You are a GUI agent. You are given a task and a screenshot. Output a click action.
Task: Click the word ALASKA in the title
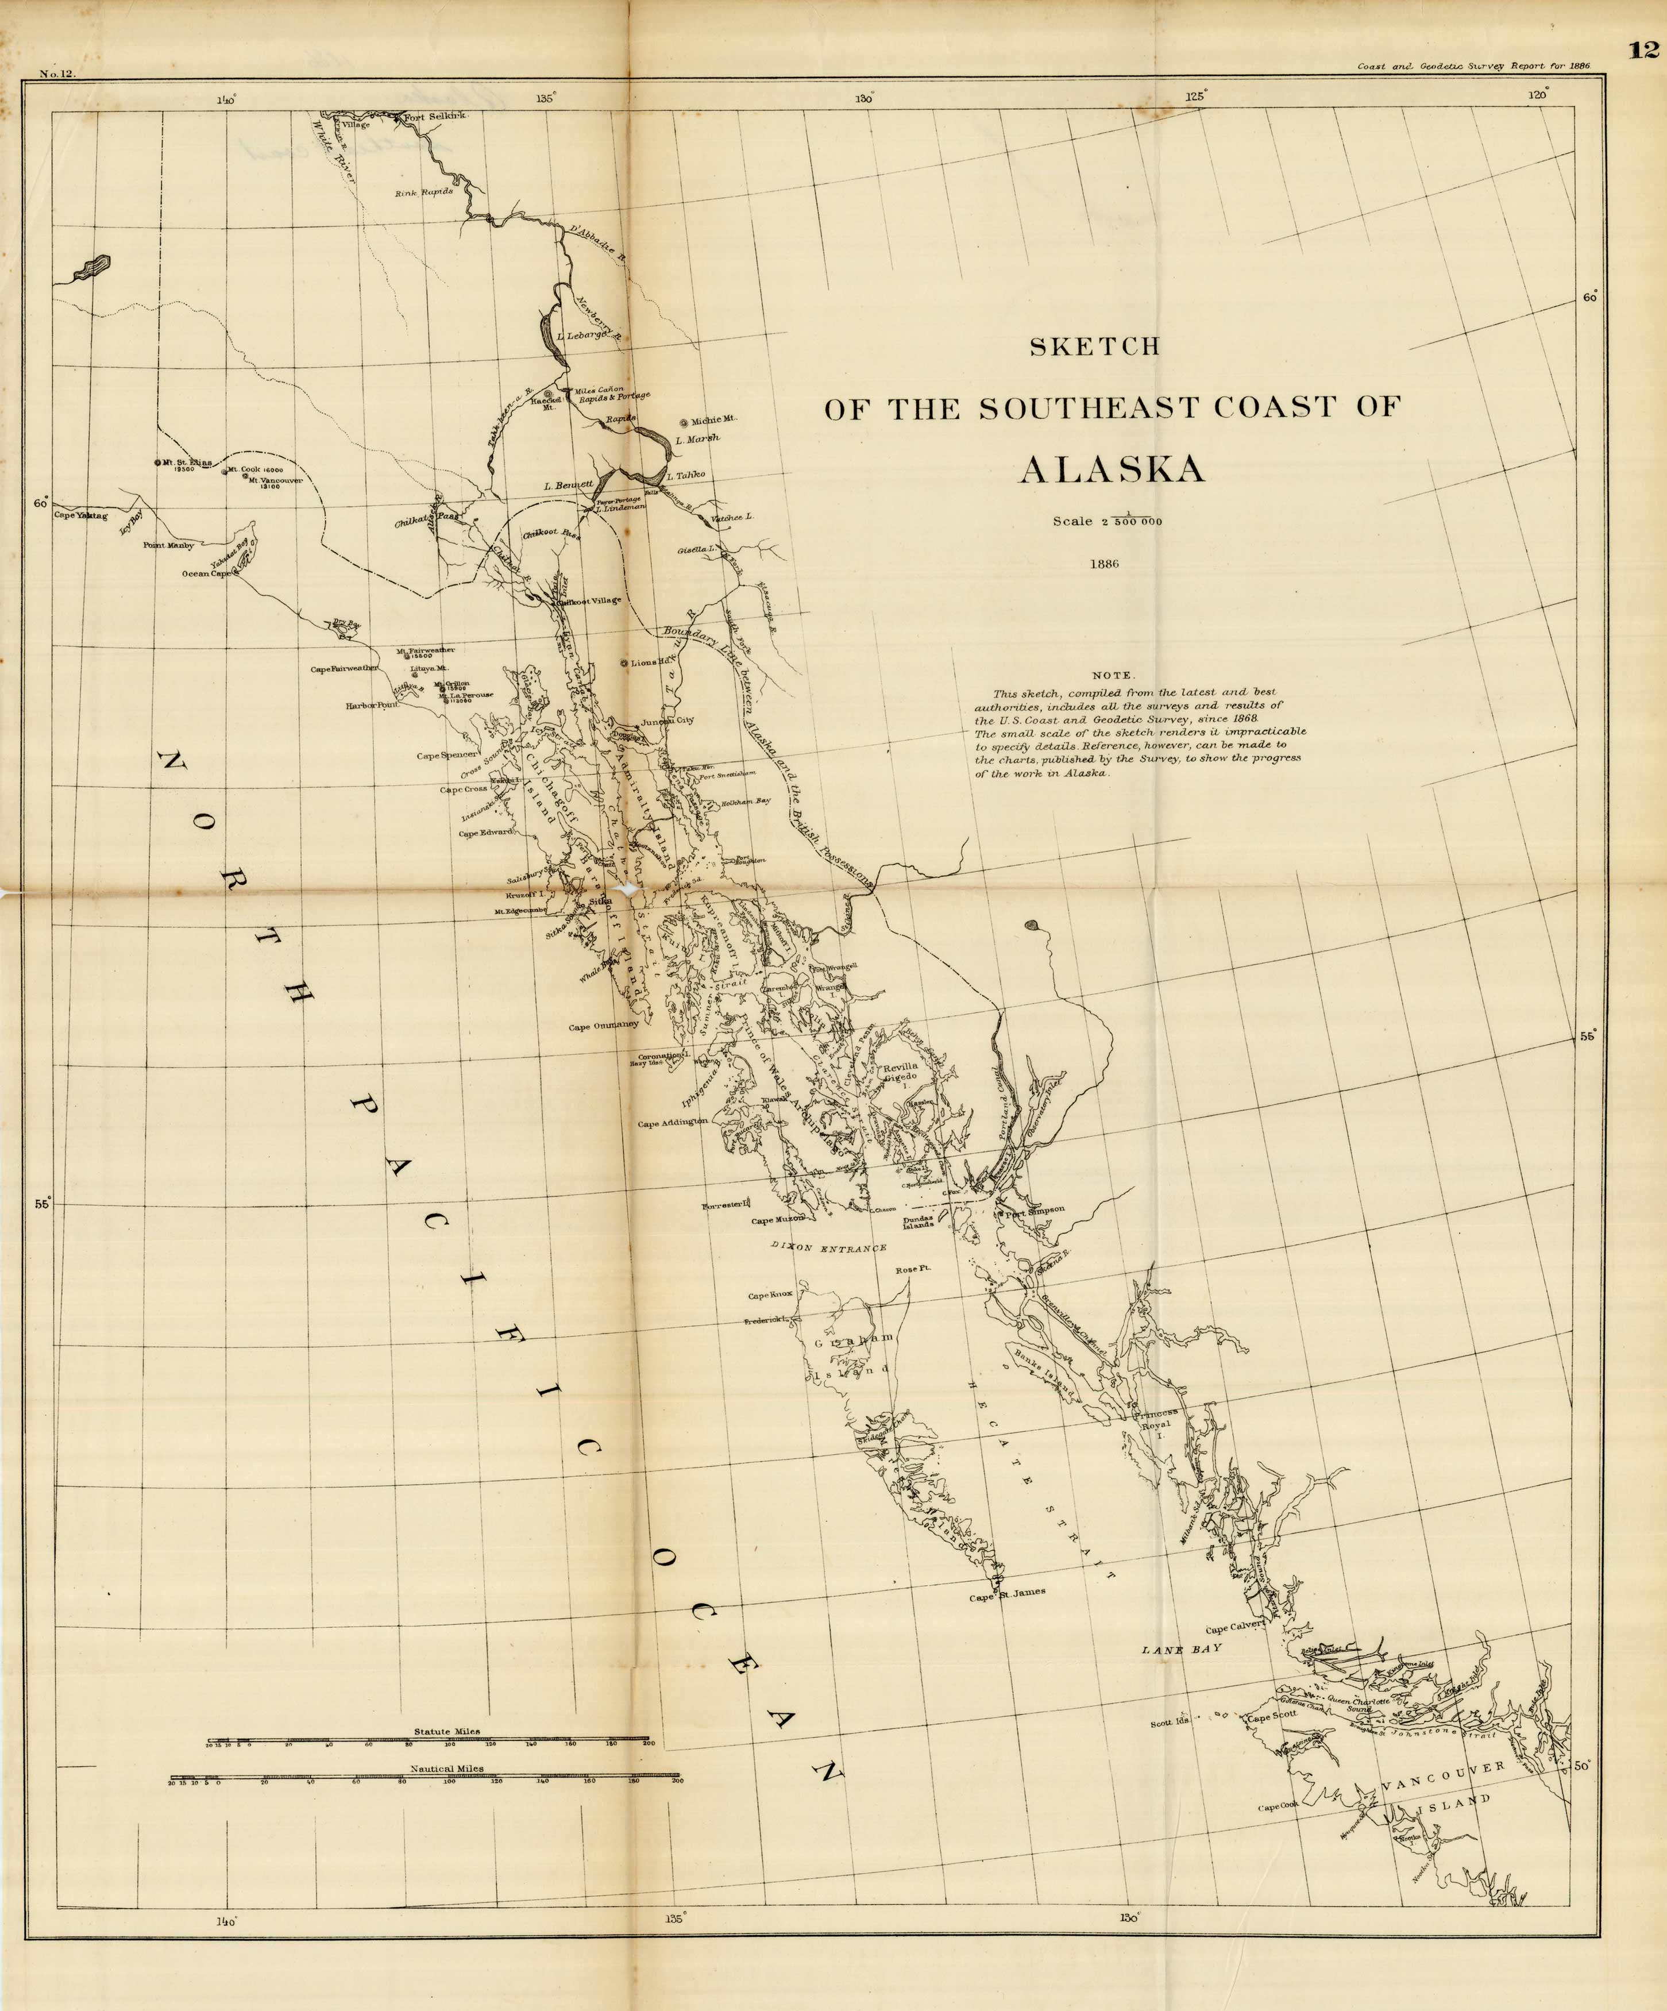(1111, 470)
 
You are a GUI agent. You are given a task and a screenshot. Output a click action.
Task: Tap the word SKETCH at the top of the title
(1094, 346)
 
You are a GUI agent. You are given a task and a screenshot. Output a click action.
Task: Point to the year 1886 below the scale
(1104, 564)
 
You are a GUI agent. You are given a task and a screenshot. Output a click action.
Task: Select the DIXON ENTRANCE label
(828, 1249)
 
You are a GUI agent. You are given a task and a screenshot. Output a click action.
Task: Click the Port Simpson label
(1034, 1209)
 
